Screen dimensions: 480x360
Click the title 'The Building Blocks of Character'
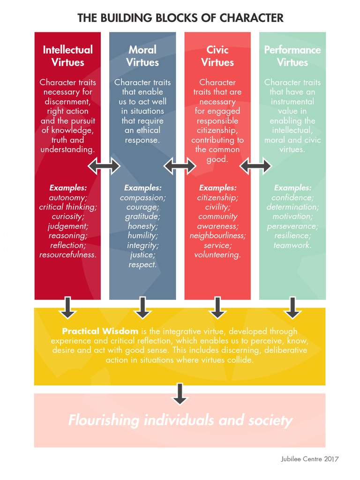pos(180,18)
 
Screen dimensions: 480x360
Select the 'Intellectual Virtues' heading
pos(67,56)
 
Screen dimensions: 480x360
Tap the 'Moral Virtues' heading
pos(142,56)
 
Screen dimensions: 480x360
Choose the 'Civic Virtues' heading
pos(217,56)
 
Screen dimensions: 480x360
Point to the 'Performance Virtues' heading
pos(292,56)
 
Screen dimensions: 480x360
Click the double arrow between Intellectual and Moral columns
pos(105,165)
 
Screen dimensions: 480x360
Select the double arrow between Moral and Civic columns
pos(180,165)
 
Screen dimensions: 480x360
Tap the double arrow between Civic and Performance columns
pos(255,165)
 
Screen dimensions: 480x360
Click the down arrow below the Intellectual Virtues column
pos(67,307)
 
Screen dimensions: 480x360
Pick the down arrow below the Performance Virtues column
pos(292,307)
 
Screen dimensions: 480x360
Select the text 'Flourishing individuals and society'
pos(180,420)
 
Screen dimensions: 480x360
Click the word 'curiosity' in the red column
pos(67,217)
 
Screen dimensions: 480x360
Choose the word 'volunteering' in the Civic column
pos(217,255)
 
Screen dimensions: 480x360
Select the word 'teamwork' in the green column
pos(292,245)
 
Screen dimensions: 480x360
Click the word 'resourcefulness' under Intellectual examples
pos(67,255)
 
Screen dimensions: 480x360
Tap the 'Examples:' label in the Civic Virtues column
pos(217,187)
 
